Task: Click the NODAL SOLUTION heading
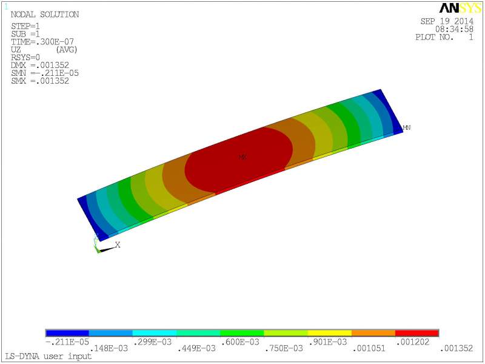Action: click(45, 15)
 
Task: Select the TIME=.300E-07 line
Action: click(42, 42)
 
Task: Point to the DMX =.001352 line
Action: click(40, 66)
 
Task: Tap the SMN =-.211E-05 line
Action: click(45, 73)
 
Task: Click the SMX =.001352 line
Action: click(40, 81)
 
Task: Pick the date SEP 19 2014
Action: click(447, 21)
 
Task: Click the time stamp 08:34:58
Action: click(454, 29)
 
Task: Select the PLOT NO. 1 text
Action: click(444, 37)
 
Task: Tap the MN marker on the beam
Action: click(407, 127)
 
